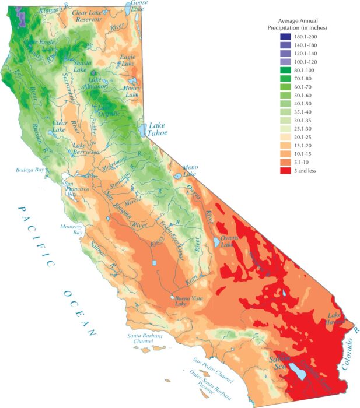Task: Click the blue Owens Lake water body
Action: (217, 241)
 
